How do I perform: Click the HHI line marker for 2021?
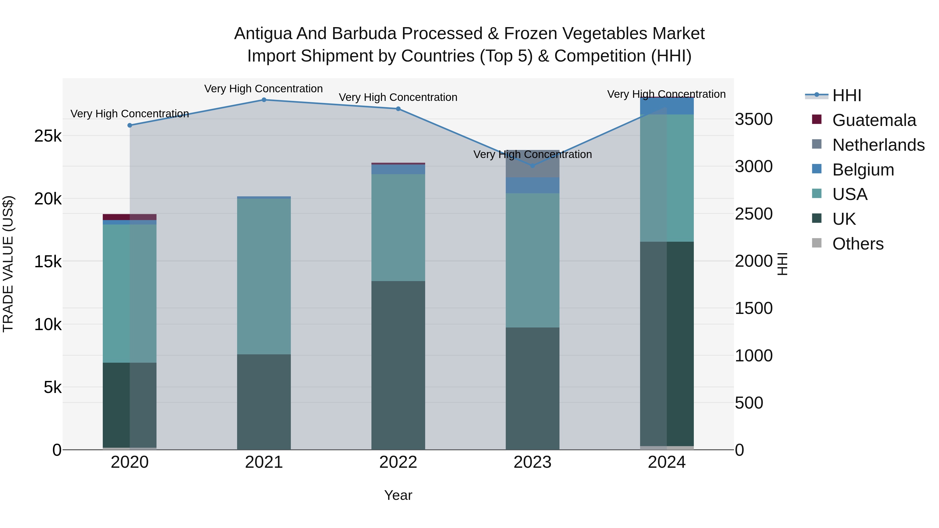pyautogui.click(x=264, y=100)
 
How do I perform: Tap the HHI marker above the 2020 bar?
pyautogui.click(x=130, y=125)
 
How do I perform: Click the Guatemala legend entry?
pyautogui.click(x=874, y=120)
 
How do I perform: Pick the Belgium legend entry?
pyautogui.click(x=863, y=170)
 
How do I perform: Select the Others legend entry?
pyautogui.click(x=858, y=244)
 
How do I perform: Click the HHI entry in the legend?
pyautogui.click(x=846, y=95)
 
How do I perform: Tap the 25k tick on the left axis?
pyautogui.click(x=48, y=136)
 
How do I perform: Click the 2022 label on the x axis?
pyautogui.click(x=398, y=462)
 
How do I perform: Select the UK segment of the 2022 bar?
pyautogui.click(x=398, y=365)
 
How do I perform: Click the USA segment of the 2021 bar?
pyautogui.click(x=264, y=276)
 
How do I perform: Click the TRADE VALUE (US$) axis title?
pyautogui.click(x=8, y=264)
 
